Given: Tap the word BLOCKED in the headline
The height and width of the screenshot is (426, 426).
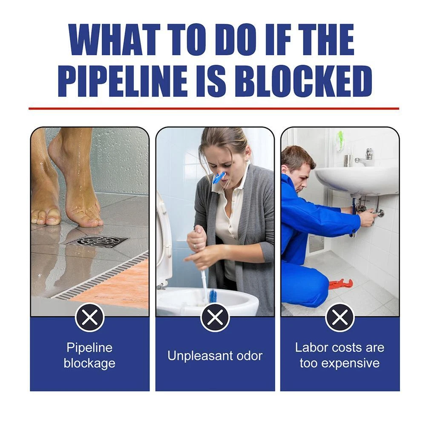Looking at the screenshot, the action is coord(303,81).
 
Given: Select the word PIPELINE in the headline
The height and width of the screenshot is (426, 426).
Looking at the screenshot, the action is coord(122,81).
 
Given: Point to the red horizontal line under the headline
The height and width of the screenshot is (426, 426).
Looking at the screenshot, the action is coord(214,109).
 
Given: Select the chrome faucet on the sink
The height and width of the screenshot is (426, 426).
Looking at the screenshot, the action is coord(365,157).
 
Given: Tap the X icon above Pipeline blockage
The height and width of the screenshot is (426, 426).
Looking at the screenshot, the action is coord(89,317).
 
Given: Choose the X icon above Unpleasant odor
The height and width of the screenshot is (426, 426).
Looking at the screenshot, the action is coord(215,317).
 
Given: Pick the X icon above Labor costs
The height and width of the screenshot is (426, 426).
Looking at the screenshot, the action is coord(340,317).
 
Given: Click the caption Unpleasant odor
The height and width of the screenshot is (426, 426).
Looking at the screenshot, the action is coord(215,356).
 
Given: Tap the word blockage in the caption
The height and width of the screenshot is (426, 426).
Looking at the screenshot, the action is coord(89,363).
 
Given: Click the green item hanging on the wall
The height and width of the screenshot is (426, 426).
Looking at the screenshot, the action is coord(340,141).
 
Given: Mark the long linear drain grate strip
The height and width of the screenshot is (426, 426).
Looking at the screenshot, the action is coord(101,277).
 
